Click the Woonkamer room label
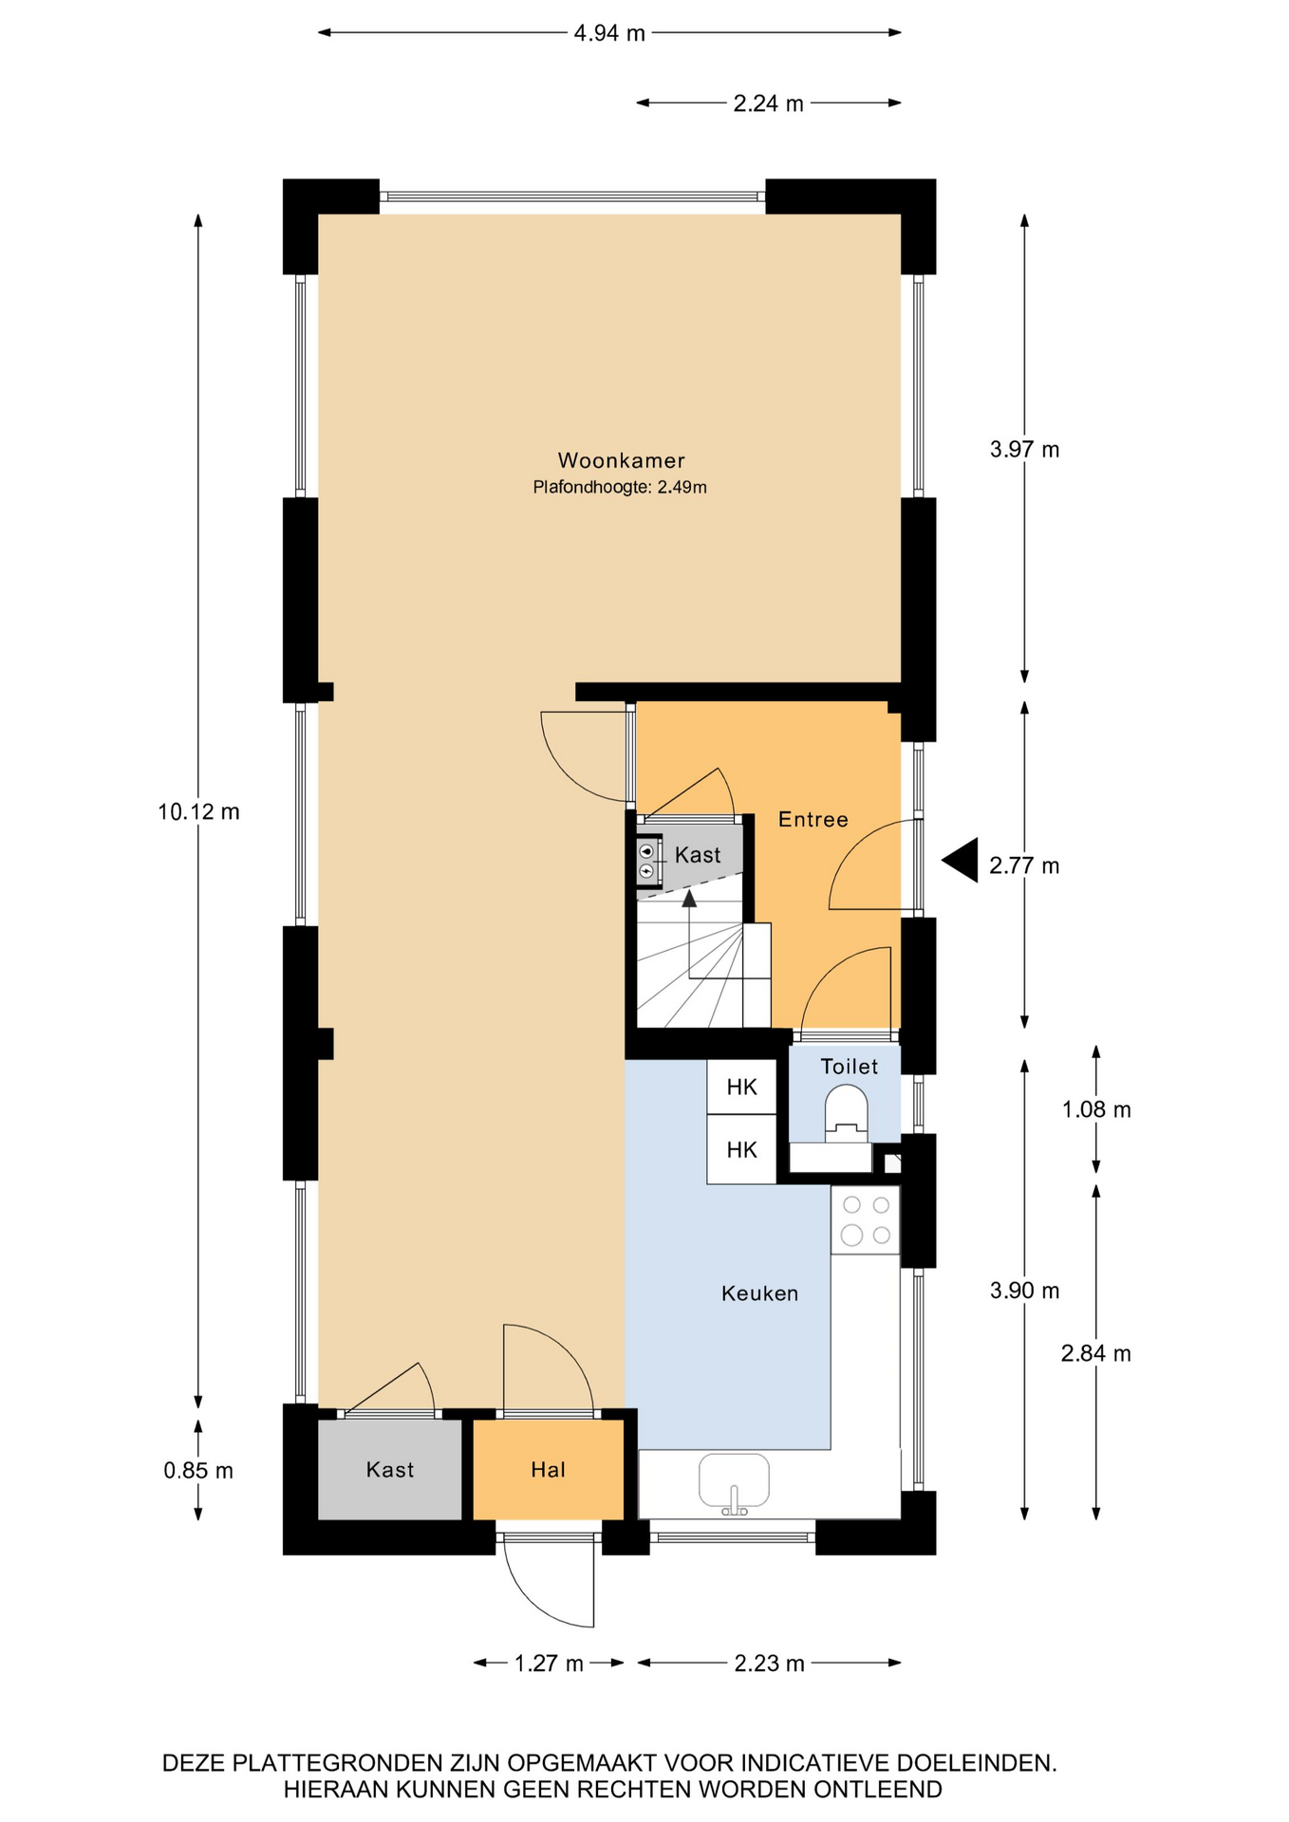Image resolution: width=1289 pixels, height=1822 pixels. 621,460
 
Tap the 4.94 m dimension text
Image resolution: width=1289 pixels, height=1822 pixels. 609,33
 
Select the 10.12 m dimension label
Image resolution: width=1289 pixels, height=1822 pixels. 198,811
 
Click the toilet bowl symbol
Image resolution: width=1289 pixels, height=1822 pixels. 846,1112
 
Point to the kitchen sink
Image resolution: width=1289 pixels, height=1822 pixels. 734,1480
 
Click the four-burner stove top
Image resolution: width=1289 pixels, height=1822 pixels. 866,1219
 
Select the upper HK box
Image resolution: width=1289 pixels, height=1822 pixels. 741,1087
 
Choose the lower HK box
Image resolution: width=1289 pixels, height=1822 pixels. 741,1149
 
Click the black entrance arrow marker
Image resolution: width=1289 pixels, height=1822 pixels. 960,861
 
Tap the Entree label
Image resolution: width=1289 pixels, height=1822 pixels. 813,819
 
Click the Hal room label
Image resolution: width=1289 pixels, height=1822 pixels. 548,1470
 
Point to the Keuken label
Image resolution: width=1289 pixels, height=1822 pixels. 759,1293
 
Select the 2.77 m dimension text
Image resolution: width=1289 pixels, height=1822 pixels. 1024,865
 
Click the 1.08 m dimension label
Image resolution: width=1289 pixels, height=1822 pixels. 1096,1109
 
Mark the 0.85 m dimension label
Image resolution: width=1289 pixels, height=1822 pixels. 198,1470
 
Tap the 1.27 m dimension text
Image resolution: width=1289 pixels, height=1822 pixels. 549,1663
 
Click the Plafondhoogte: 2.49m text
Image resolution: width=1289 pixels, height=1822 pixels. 620,488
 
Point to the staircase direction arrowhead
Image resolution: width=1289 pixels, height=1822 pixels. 689,898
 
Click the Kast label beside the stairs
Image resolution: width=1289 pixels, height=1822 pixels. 698,855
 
